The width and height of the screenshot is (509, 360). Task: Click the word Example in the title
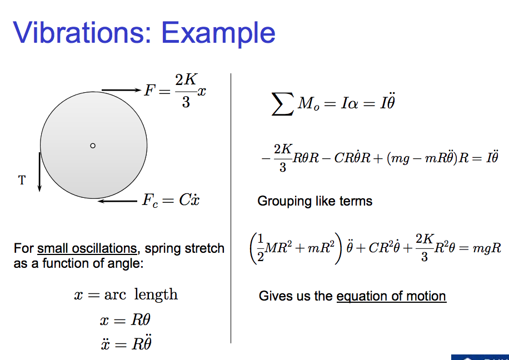[218, 33]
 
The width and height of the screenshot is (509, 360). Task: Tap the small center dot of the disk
[93, 146]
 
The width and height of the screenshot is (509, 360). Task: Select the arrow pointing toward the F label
[121, 90]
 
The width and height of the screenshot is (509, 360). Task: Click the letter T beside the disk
[22, 180]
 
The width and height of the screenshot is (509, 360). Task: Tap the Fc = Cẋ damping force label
[170, 201]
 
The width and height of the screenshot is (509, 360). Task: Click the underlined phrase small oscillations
[87, 248]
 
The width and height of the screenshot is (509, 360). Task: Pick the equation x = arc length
[126, 294]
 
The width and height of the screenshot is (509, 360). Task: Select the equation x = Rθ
[124, 320]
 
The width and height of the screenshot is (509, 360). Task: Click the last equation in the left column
[124, 344]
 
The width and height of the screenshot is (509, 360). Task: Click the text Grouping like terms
[315, 201]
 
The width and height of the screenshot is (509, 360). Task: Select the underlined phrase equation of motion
[391, 296]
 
